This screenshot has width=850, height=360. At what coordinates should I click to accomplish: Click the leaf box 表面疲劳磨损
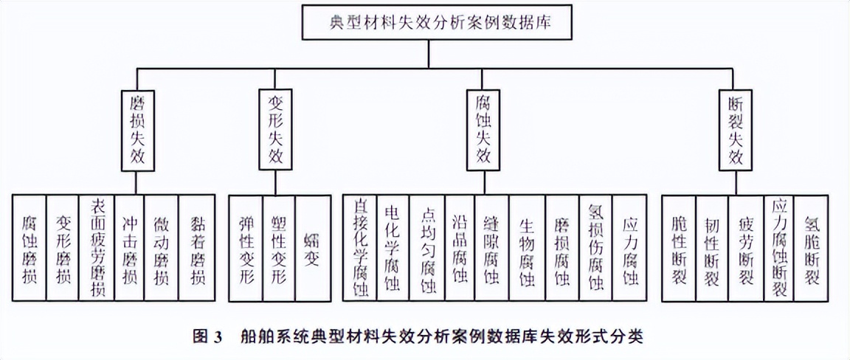97,247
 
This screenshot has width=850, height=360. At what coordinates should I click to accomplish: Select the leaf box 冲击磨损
130,247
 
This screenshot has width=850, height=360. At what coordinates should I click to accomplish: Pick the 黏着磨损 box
197,247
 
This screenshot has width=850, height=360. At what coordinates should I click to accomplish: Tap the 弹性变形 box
245,247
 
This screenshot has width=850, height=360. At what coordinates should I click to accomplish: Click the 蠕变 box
311,247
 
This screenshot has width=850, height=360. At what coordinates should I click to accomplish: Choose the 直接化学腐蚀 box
359,247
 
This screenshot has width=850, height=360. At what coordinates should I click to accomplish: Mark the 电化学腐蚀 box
393,247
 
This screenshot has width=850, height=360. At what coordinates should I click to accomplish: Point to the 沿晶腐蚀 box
460,247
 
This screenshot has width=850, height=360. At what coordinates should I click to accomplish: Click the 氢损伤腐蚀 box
595,247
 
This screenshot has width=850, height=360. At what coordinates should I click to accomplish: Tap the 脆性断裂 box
678,247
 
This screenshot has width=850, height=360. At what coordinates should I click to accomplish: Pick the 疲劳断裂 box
745,247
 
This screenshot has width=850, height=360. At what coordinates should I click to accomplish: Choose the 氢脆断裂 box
811,247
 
